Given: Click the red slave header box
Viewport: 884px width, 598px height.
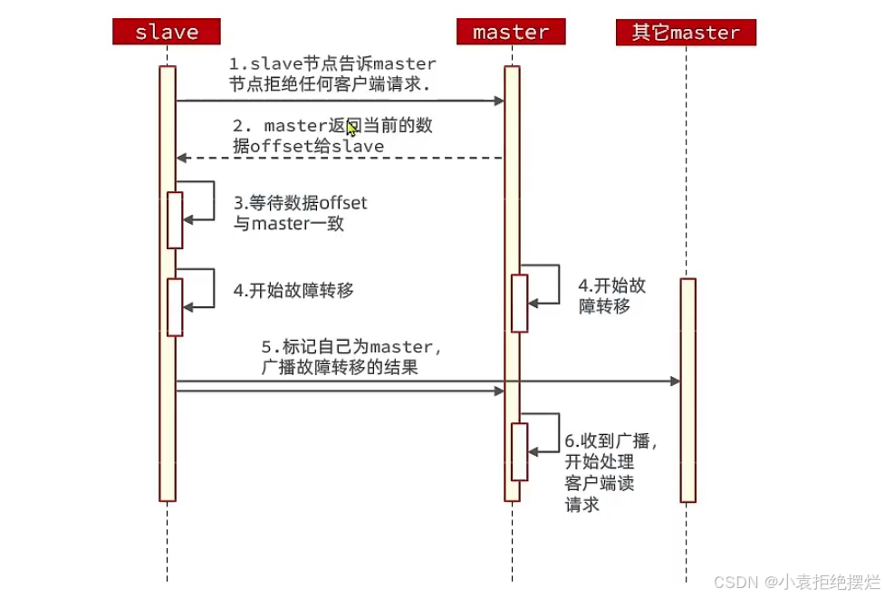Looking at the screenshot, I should (x=167, y=33).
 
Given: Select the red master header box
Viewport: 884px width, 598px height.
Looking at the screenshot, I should (x=511, y=33).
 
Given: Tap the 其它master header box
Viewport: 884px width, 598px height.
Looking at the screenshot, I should (x=686, y=33).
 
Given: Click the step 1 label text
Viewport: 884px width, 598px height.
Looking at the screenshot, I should (x=331, y=74).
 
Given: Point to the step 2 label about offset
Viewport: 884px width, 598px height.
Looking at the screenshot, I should (x=331, y=136).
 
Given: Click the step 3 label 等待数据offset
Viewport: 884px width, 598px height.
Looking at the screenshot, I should (x=300, y=213).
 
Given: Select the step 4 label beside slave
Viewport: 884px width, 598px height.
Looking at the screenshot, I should (x=293, y=291).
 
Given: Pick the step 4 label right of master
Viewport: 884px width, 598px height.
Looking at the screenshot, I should (x=611, y=295).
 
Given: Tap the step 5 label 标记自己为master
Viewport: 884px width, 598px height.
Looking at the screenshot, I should (x=351, y=357).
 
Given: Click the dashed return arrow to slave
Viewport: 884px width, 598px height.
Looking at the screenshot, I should (x=339, y=158).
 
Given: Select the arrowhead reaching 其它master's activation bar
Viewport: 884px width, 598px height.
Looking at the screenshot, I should (x=675, y=381).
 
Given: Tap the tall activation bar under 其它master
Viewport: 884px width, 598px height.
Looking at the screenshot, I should (x=688, y=390).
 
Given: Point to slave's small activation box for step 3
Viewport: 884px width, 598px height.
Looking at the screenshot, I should (x=175, y=219).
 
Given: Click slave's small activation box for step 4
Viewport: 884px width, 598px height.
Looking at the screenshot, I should (x=175, y=307).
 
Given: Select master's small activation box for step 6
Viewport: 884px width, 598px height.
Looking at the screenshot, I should (x=519, y=451).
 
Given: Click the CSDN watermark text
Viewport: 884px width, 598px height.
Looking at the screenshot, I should (x=796, y=581).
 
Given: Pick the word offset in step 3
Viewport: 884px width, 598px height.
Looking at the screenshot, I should (x=343, y=203).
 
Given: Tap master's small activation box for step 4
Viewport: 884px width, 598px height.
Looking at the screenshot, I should (x=519, y=303).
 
